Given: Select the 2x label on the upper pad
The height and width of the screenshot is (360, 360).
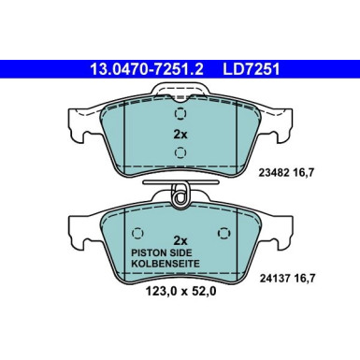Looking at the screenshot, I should coord(180,134).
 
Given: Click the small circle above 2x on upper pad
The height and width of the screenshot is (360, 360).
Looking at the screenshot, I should coord(180,113).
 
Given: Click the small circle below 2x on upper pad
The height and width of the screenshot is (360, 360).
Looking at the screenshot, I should coord(180,155).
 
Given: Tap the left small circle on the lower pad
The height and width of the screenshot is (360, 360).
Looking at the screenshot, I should coord(137,234).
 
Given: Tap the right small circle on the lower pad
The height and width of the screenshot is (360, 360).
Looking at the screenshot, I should coord(223,234).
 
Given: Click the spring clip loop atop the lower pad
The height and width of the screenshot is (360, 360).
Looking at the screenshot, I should coord(180,195).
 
